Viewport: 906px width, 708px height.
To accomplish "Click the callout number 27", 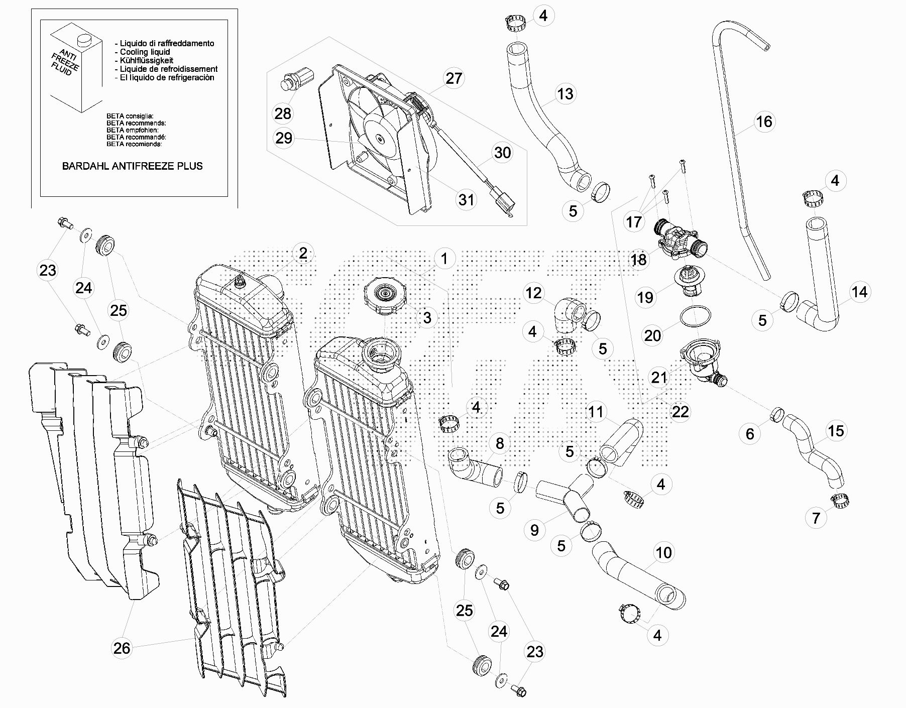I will [x=454, y=78].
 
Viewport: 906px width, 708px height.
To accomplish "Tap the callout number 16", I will [x=764, y=122].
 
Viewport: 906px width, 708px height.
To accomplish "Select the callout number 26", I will [x=122, y=648].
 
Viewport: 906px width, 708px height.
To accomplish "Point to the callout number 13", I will [x=565, y=94].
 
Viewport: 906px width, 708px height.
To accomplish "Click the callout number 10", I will [x=663, y=553].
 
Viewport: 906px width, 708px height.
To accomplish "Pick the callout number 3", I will [x=427, y=317].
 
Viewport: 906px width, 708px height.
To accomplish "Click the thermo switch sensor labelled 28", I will [x=296, y=80].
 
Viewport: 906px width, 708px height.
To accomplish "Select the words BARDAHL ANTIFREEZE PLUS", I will [x=133, y=166].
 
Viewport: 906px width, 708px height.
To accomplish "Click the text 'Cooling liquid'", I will [x=145, y=52].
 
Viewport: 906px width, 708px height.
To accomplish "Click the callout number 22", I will [x=680, y=412].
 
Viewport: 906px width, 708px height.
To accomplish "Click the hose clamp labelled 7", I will [x=839, y=500].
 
